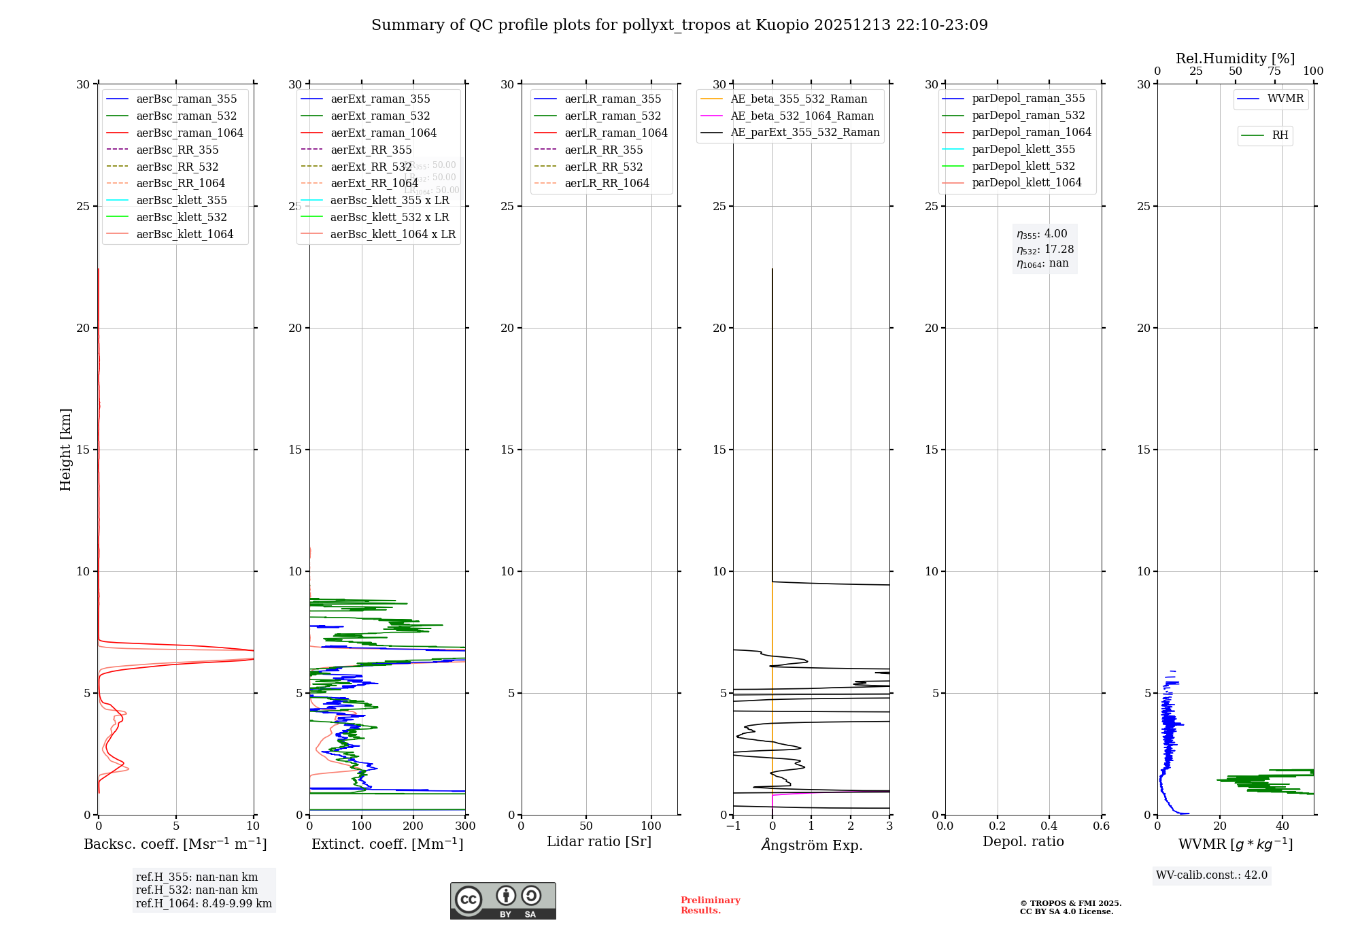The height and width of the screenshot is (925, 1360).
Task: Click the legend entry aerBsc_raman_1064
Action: (x=189, y=133)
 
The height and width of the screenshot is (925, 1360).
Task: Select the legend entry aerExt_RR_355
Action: (x=371, y=150)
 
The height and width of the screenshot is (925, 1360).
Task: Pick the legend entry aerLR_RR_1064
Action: (x=607, y=183)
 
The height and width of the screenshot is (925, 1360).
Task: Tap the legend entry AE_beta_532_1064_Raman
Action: (x=802, y=116)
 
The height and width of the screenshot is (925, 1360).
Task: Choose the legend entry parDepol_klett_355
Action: (x=1023, y=149)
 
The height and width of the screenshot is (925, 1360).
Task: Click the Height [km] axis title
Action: (x=65, y=450)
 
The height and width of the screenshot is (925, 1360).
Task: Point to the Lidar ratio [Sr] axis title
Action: (x=599, y=841)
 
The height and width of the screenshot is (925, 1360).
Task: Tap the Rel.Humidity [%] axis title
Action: (x=1235, y=58)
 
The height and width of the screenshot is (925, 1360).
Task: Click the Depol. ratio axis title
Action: (x=1023, y=841)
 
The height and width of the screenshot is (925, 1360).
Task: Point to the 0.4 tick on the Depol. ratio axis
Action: (x=1049, y=826)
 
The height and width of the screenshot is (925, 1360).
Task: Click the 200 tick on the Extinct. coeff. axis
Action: (x=413, y=826)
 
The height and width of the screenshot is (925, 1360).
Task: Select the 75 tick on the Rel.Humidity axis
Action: (x=1274, y=71)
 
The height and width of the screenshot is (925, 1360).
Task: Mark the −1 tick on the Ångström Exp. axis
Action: (x=733, y=826)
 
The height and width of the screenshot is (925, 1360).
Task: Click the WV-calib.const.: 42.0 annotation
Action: (x=1212, y=875)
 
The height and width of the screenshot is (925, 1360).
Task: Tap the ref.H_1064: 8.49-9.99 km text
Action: (x=203, y=903)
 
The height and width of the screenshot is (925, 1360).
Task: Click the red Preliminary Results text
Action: (x=710, y=905)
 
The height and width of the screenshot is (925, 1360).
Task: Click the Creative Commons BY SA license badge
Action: (x=503, y=901)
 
